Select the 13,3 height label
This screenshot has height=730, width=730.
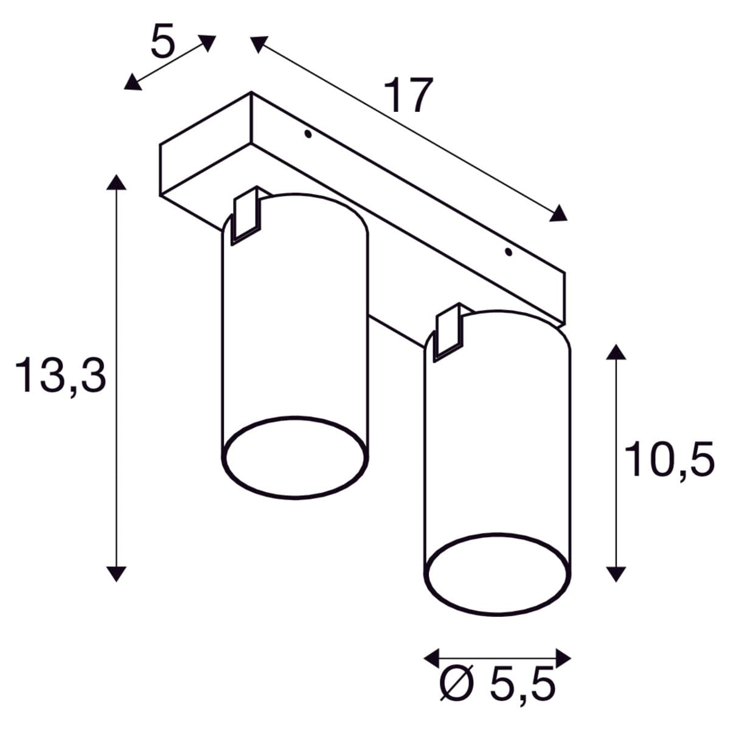pos(61,375)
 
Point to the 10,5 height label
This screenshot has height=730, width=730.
pos(669,459)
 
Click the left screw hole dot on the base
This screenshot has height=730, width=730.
pos(308,134)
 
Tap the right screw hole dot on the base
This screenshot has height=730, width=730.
pos(509,251)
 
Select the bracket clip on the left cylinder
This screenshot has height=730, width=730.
pos(246,215)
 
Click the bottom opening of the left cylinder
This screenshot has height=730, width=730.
pos(294,457)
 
